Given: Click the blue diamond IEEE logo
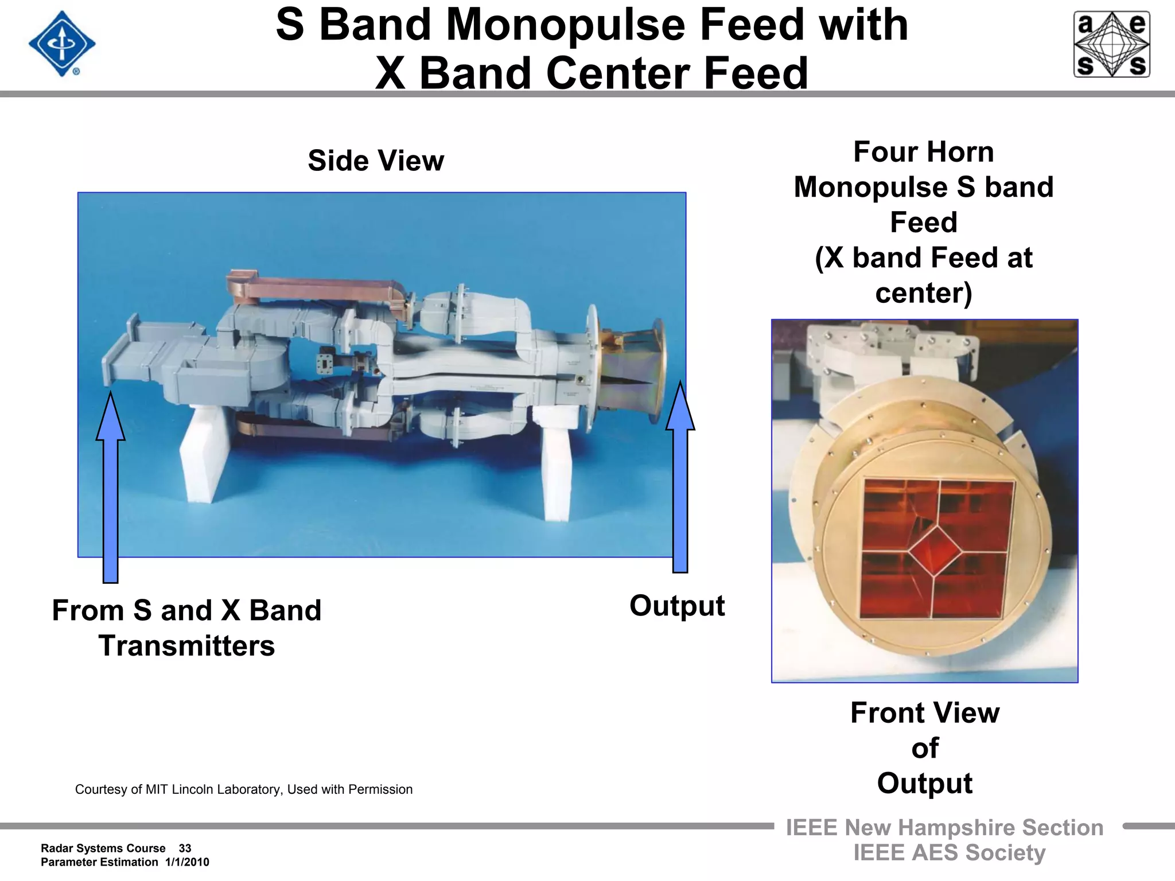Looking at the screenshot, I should [62, 44].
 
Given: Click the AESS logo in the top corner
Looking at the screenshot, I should [1111, 44].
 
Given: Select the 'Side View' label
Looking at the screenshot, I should [376, 161].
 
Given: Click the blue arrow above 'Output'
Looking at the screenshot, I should [680, 476].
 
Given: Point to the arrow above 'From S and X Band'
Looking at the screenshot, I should [110, 488].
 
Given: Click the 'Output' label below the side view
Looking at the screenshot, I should [677, 606].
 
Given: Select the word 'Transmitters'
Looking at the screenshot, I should [186, 646].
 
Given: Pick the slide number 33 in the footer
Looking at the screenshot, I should [185, 848].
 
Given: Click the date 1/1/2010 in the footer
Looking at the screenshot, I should [187, 862].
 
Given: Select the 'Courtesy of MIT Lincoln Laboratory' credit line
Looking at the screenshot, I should [244, 789].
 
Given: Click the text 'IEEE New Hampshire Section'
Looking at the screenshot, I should [944, 828].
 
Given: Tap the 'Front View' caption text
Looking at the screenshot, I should [925, 713].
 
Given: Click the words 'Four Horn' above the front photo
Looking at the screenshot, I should [923, 152].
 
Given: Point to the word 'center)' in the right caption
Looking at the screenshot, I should [923, 293].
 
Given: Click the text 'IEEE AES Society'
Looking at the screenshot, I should [949, 853].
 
